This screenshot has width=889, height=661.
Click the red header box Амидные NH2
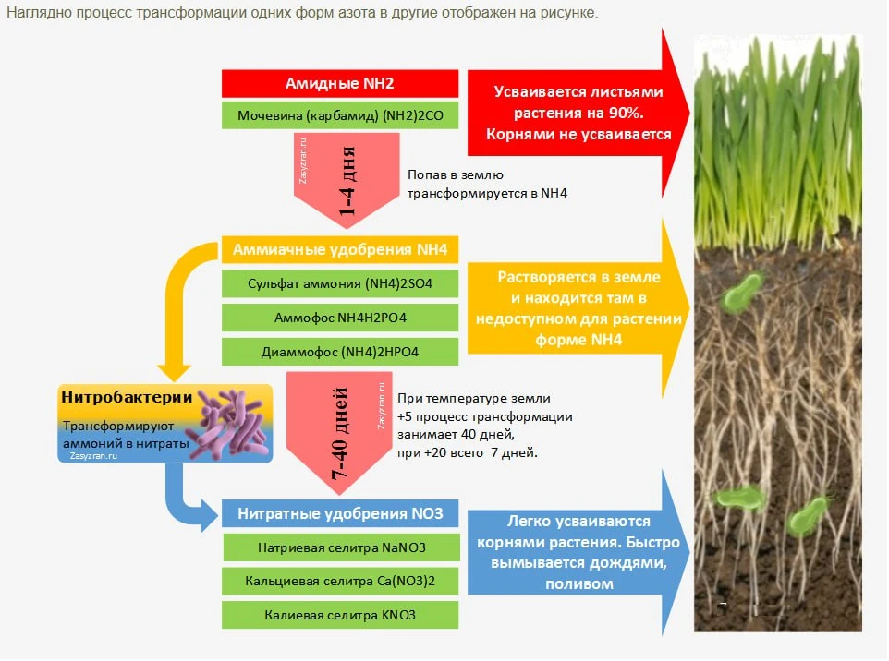(x=340, y=83)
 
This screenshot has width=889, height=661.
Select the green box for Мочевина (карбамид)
(x=340, y=115)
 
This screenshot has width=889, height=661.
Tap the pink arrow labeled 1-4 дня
(x=347, y=180)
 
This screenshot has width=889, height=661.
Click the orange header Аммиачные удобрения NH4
(x=340, y=250)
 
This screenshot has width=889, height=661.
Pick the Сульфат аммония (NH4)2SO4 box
(x=340, y=283)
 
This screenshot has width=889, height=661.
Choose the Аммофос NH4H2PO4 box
(x=340, y=318)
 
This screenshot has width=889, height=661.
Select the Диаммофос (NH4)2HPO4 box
(x=340, y=352)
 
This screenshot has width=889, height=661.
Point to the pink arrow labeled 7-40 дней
(x=339, y=433)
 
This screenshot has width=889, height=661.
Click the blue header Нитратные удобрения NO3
(x=340, y=513)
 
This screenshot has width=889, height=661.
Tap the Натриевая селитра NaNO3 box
(x=341, y=547)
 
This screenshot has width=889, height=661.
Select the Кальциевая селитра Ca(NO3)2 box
(x=340, y=581)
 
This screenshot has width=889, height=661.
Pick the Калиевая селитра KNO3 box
(x=340, y=615)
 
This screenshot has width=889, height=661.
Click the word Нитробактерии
(x=127, y=397)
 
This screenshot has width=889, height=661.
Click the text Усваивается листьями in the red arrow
(x=578, y=91)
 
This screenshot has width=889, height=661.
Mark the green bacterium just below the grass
(x=740, y=292)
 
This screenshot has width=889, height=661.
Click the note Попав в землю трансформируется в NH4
(x=487, y=184)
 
